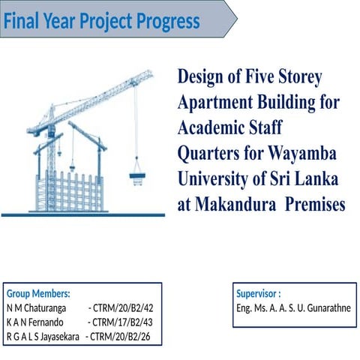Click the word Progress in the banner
pyautogui.click(x=168, y=22)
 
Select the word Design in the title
pyautogui.click(x=202, y=76)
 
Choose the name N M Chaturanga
pyautogui.click(x=36, y=307)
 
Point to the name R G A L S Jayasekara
pyautogui.click(x=42, y=336)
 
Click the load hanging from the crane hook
pyautogui.click(x=136, y=177)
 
